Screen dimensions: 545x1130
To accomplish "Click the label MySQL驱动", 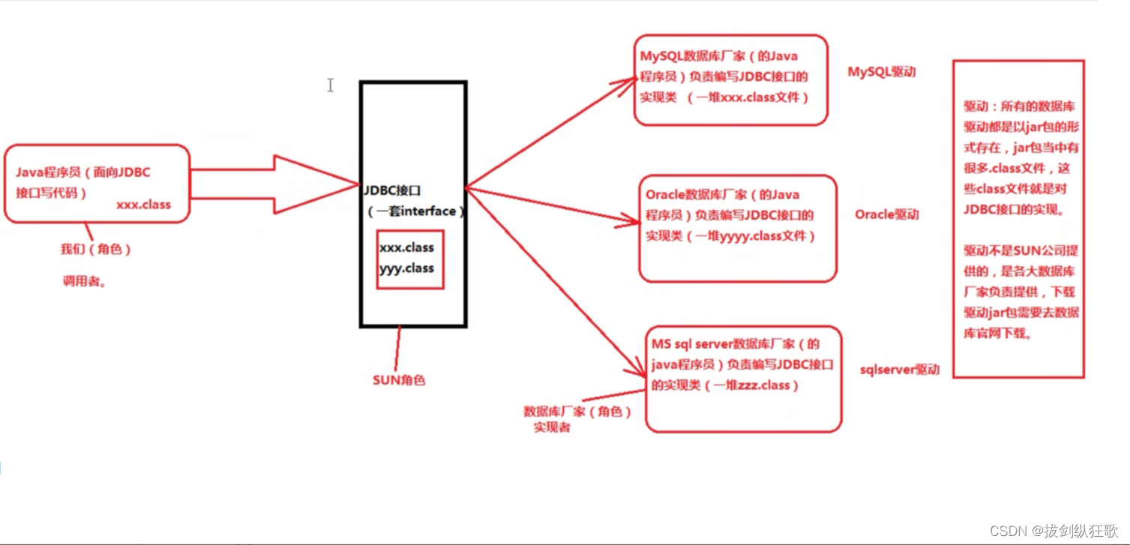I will [882, 73].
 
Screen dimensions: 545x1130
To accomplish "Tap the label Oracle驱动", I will [886, 214].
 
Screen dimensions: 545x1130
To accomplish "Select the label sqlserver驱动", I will [899, 370].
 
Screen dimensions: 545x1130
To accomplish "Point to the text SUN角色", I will [399, 380].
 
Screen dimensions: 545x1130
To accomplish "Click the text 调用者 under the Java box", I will [84, 282].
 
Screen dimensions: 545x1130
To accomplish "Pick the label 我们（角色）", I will [96, 250].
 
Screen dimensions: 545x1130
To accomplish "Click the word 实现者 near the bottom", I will [552, 427].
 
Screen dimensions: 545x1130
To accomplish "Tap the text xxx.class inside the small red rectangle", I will [406, 247].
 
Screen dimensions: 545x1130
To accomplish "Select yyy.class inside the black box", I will [406, 268].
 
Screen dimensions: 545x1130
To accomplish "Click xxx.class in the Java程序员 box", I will [143, 204].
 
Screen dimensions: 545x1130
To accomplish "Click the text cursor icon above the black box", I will [330, 85].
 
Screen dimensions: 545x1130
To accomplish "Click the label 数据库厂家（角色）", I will [577, 412].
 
